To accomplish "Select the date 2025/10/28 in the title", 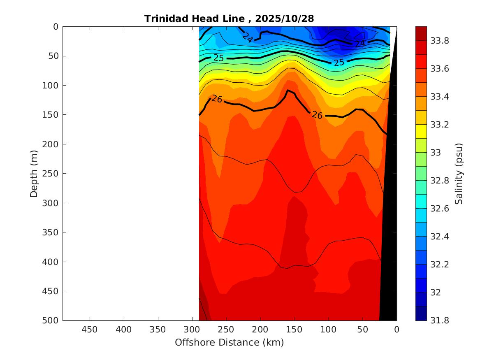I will coord(285,19).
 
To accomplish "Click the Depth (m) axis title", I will coord(34,173).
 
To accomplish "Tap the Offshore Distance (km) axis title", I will coord(229,342).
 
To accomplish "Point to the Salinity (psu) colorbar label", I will coord(459,174).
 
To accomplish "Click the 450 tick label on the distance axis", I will coord(90,330).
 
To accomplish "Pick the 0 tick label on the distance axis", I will coord(397,330).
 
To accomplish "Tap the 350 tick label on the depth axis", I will coord(51,232).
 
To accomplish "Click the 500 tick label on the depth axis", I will coord(51,321).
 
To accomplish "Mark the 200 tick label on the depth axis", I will coord(51,144).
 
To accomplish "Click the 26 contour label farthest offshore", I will coord(217,99).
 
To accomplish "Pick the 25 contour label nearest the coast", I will coord(339,63).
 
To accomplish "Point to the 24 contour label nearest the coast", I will coord(360,43).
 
